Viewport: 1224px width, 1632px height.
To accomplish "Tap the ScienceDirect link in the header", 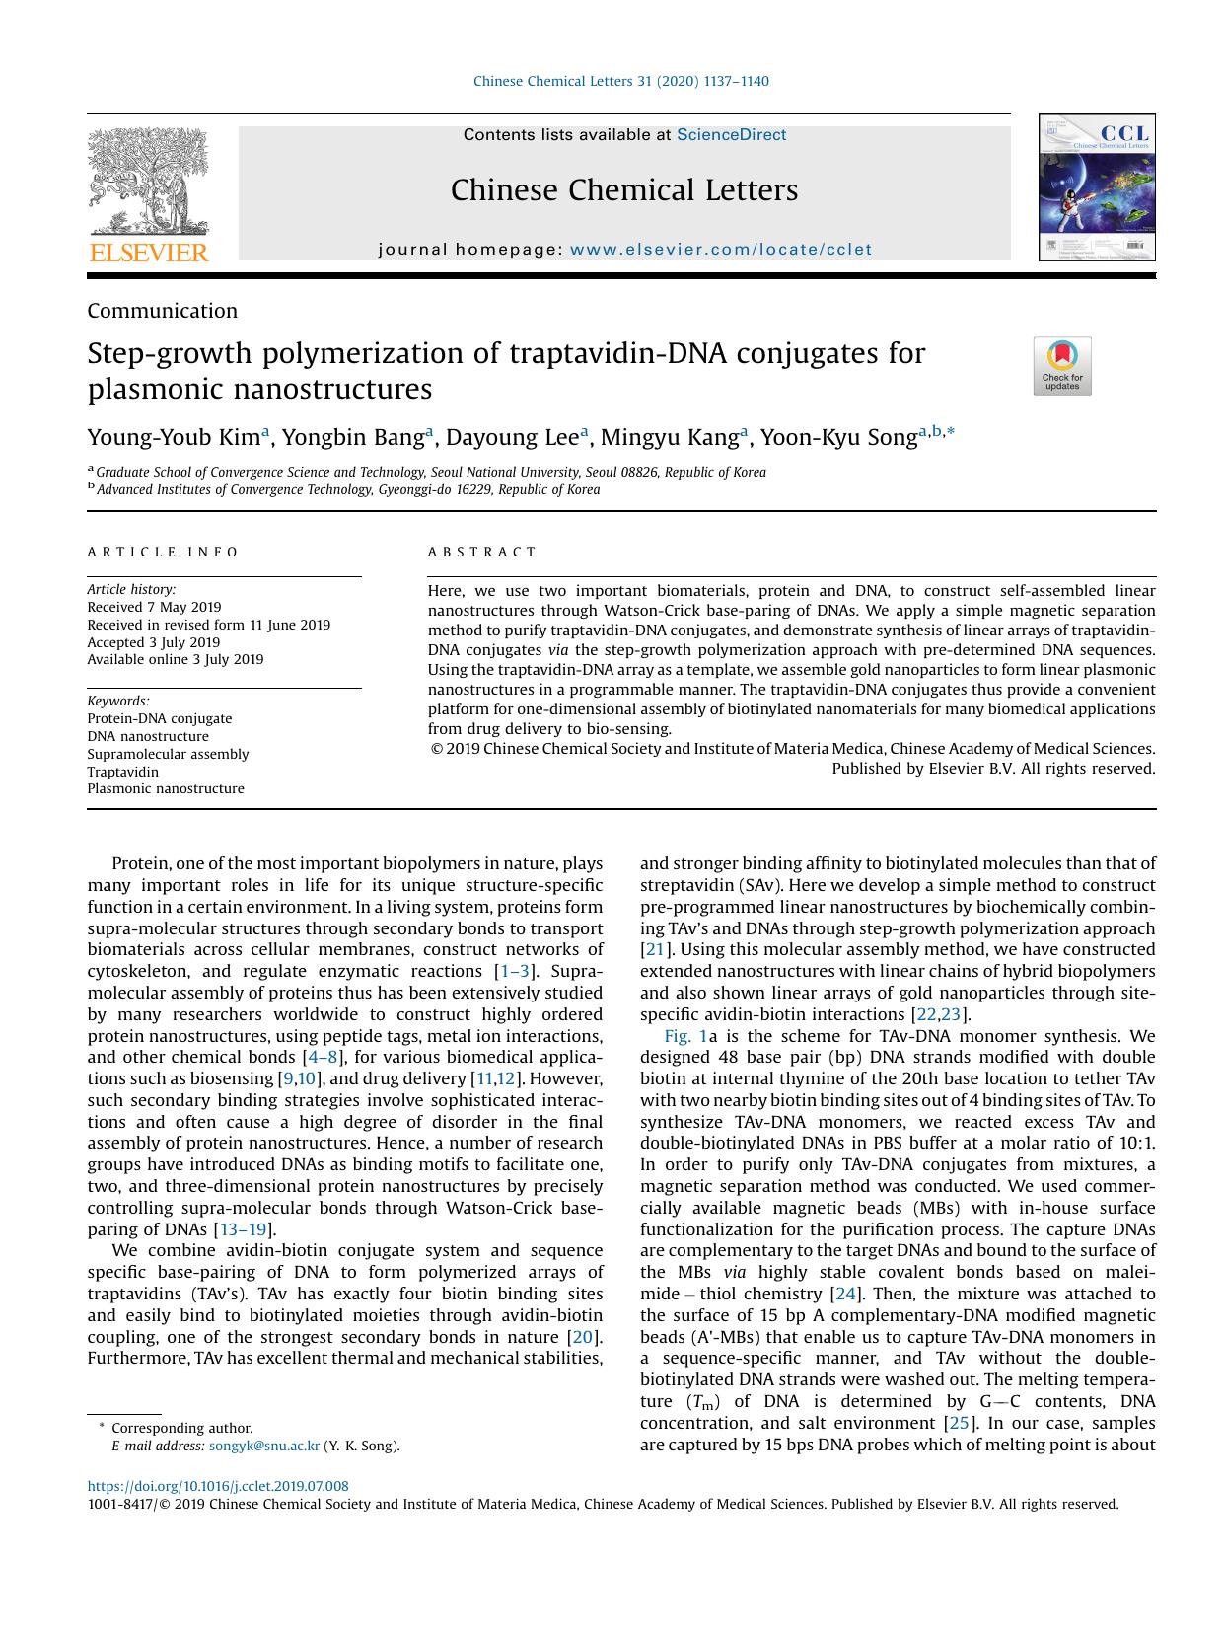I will coord(731,135).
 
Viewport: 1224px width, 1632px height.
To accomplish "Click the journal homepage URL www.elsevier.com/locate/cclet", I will coord(720,250).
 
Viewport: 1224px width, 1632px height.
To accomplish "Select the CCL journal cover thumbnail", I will coord(1096,187).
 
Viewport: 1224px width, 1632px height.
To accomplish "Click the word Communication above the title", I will coord(162,311).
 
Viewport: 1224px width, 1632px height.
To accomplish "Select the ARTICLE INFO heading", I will coord(163,553).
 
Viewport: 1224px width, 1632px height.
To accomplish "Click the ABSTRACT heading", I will coord(481,553).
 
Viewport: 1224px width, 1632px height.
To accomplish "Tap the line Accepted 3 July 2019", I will coord(153,642).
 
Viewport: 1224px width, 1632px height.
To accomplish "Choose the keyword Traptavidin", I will coord(122,772).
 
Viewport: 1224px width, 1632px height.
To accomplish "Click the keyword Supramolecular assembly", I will coord(168,754).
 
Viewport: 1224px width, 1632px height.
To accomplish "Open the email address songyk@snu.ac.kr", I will coord(264,1447).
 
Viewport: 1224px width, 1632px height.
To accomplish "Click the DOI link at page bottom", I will coord(217,1486).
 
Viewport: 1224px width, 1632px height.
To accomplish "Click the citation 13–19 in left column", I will coord(244,1229).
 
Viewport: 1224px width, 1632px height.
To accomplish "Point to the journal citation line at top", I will coord(620,81).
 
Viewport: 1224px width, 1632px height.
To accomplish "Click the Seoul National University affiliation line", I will coord(430,472).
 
